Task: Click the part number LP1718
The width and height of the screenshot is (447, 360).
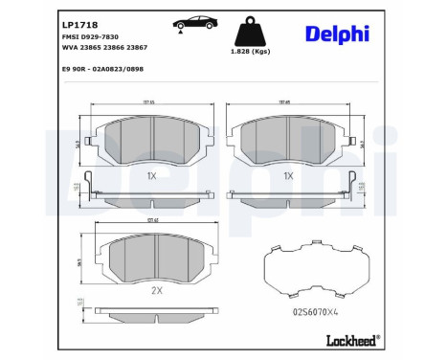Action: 79,22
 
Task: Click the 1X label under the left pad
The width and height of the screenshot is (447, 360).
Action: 151,176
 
